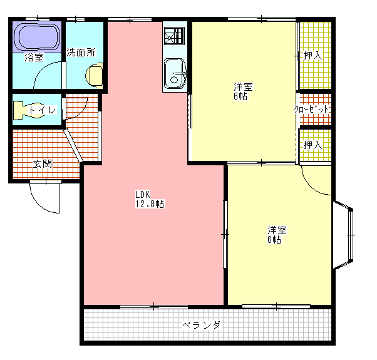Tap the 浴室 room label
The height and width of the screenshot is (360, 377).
[34, 57]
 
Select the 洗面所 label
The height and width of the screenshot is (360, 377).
[81, 52]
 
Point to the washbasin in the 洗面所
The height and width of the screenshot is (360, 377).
[94, 75]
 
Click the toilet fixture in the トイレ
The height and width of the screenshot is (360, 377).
[28, 110]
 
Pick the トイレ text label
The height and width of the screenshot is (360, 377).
[43, 110]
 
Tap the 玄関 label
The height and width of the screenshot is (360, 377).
[43, 164]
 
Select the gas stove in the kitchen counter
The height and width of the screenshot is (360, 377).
[174, 36]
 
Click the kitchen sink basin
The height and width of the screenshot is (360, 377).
[175, 73]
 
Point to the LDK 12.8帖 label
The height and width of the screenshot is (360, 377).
[150, 199]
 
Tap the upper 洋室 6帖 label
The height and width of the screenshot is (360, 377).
[243, 91]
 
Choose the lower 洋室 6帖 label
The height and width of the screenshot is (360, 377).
[277, 235]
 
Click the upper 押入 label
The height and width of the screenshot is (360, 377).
[312, 56]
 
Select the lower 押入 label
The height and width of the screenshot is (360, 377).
[312, 145]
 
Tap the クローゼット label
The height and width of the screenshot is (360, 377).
[311, 110]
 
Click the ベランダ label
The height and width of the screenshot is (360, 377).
[201, 325]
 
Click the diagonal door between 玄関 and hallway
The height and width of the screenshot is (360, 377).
[73, 145]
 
